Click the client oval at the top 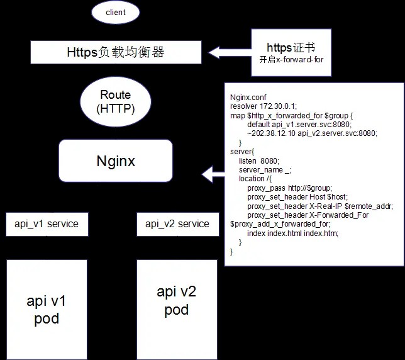[116, 11]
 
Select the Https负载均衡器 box [116, 52]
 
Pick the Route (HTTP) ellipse [116, 102]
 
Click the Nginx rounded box [116, 161]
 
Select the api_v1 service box [47, 224]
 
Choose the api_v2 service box [177, 224]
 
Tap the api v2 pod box [177, 301]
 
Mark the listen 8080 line [258, 161]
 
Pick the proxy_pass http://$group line [289, 188]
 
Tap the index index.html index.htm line [292, 233]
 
